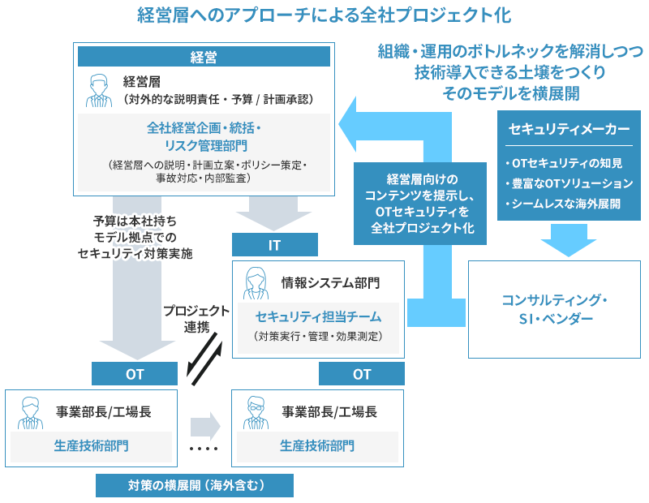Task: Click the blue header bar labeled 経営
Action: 203,57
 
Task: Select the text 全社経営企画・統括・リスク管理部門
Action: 203,136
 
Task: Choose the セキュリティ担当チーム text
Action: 318,316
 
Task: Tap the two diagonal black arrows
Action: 204,359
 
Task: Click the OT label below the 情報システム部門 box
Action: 362,374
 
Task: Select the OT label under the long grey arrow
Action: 134,374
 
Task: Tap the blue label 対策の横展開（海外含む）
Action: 195,485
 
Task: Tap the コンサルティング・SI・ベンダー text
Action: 555,309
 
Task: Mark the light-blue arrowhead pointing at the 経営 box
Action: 350,127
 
